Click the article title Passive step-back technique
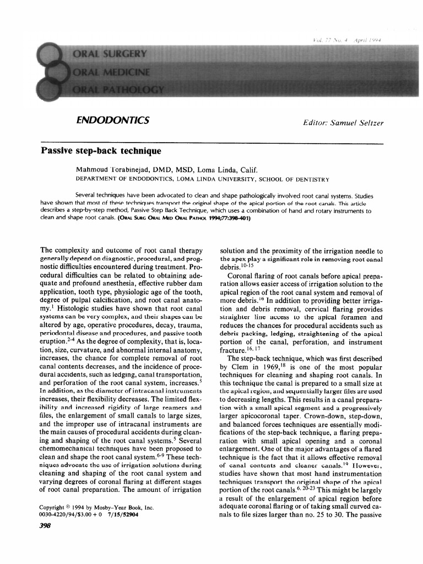(x=101, y=150)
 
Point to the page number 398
(x=46, y=525)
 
